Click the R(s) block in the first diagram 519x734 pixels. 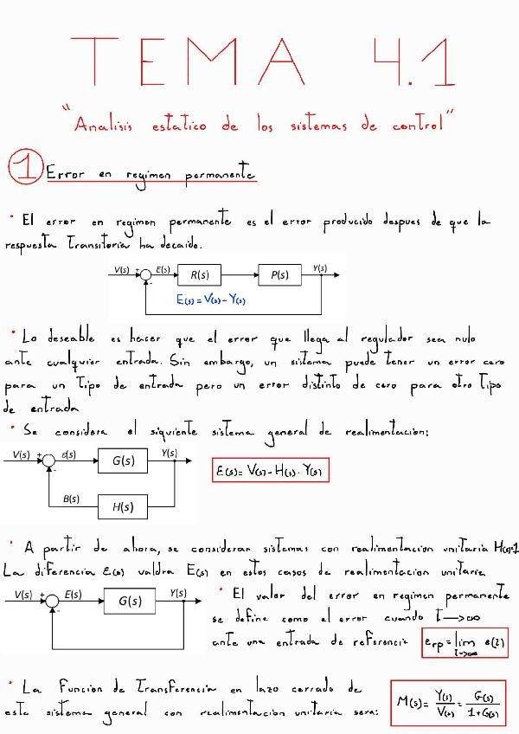tap(200, 275)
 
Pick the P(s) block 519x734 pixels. tap(279, 275)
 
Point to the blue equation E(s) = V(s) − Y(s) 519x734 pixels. tap(211, 300)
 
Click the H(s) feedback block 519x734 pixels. tap(122, 507)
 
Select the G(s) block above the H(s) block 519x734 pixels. tap(122, 462)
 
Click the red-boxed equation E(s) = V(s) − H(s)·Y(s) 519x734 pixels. tap(271, 472)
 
